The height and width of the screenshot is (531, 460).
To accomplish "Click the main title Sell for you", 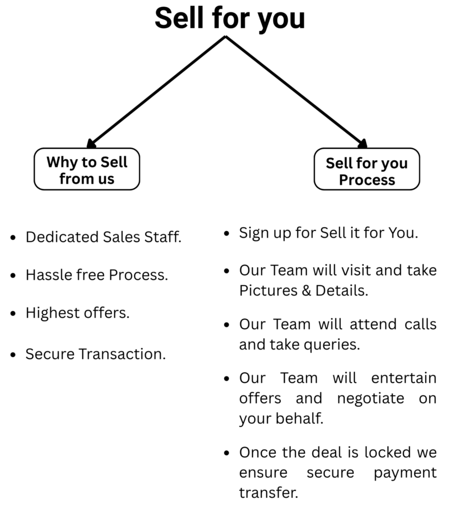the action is (x=230, y=19).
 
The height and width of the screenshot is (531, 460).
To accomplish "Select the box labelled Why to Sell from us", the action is (x=87, y=169).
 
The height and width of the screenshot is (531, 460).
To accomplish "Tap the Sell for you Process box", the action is (x=367, y=169).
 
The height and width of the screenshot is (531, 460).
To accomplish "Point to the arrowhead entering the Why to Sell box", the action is (x=91, y=144).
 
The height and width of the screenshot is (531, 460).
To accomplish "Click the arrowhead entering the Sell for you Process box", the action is (x=363, y=144).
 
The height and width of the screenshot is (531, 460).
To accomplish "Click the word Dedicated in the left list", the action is (x=62, y=237).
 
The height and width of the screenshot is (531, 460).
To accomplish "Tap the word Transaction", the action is (x=122, y=354).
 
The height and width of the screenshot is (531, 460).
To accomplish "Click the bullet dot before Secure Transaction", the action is (x=13, y=355).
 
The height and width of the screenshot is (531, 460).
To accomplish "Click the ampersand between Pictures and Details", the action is (x=306, y=291).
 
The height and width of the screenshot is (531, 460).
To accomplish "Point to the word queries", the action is (x=331, y=345).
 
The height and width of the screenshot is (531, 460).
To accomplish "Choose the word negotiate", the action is (x=371, y=399).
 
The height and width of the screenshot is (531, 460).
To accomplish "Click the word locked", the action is (x=387, y=452).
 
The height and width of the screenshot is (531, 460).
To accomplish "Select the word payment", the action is (x=405, y=473).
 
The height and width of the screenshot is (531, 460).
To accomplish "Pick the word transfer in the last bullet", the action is (x=269, y=493).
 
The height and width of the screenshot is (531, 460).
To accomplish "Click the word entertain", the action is (x=404, y=378).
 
